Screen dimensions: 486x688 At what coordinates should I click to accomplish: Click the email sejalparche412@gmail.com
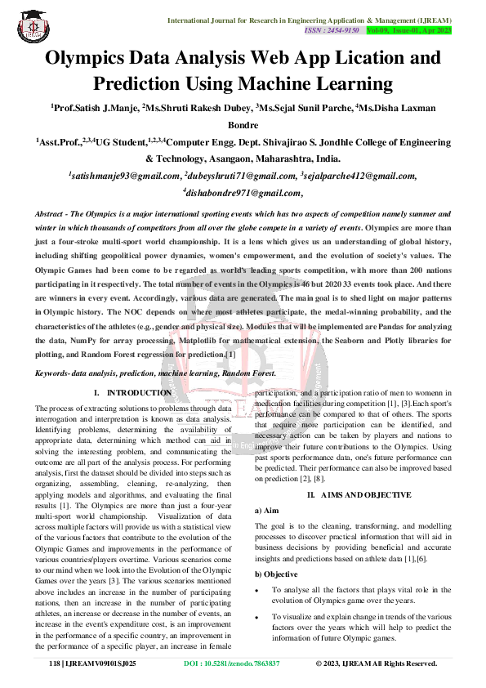(360, 176)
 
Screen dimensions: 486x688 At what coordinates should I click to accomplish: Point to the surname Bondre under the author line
(243, 125)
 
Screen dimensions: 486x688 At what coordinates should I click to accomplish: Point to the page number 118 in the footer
(55, 663)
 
